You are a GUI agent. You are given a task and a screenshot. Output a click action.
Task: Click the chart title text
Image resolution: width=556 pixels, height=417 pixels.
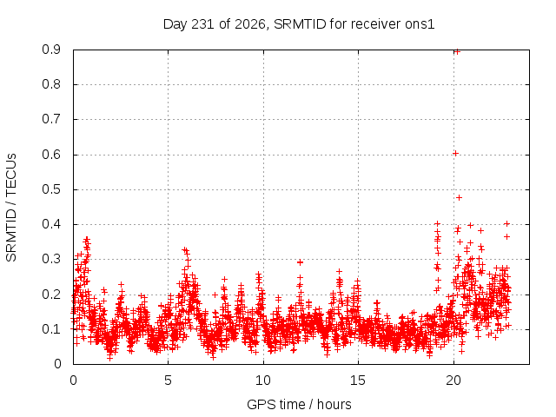[x=299, y=24]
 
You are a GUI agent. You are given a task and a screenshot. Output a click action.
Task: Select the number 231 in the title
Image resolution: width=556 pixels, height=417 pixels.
[x=202, y=24]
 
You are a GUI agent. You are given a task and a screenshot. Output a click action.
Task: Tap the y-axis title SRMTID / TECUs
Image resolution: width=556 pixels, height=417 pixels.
[x=11, y=208]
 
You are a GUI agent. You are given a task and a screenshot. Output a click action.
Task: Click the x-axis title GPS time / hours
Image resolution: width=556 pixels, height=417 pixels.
[x=299, y=404]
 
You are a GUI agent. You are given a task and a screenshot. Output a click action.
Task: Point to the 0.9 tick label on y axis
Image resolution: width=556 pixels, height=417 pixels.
[x=51, y=50]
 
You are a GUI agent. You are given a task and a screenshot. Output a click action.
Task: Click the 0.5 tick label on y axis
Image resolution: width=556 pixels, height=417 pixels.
[x=51, y=189]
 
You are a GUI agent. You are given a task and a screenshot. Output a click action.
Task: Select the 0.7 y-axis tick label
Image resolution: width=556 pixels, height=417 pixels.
[x=51, y=120]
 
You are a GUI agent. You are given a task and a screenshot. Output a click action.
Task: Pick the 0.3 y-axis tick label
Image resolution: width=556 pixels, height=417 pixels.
[x=51, y=259]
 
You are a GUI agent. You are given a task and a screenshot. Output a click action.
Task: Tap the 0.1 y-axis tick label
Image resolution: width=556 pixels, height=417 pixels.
[x=51, y=329]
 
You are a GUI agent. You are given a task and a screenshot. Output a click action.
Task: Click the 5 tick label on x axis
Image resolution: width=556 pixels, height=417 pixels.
[x=168, y=381]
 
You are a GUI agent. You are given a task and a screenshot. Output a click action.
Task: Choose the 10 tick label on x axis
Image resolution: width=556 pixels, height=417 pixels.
[x=262, y=381]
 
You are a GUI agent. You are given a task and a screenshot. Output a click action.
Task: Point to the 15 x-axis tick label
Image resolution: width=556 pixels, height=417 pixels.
[x=358, y=381]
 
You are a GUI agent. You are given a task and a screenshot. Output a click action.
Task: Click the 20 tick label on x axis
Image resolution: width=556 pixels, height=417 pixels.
[x=453, y=381]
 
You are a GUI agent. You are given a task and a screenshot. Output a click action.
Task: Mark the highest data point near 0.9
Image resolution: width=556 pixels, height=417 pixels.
[x=457, y=52]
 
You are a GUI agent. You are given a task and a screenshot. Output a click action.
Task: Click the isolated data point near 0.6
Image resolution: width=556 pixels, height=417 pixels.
[x=455, y=153]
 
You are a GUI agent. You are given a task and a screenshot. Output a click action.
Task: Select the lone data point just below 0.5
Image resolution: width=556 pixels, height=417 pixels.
[x=460, y=197]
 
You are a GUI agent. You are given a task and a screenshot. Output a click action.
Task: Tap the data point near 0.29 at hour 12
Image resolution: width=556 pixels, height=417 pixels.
[x=301, y=262]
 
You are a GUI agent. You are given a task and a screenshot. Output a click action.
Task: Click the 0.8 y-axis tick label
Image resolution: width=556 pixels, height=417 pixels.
[x=51, y=85]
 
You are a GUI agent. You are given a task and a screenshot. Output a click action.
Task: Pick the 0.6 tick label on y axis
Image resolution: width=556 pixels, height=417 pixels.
[x=51, y=155]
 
